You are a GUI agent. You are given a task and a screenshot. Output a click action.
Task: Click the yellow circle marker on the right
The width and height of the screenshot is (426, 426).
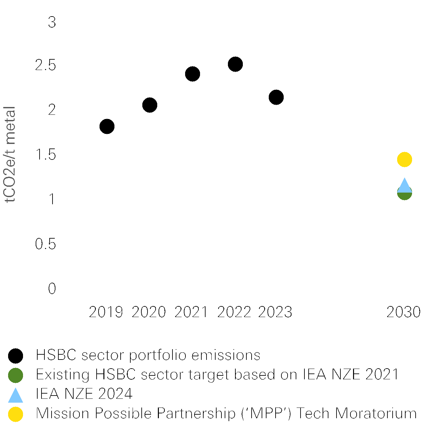click(x=405, y=160)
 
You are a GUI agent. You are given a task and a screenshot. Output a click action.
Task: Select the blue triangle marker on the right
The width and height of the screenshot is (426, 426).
click(x=405, y=186)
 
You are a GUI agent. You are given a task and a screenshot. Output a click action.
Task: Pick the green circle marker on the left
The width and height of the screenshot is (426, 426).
click(x=16, y=375)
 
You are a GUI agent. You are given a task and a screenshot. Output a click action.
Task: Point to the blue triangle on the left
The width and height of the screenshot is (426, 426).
click(x=16, y=396)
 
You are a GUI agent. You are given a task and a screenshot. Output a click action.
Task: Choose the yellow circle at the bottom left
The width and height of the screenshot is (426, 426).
click(x=16, y=414)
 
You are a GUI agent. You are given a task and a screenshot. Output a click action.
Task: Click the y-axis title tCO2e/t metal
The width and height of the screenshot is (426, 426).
click(x=10, y=154)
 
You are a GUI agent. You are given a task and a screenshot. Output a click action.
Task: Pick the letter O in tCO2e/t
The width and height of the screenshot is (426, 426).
click(x=10, y=181)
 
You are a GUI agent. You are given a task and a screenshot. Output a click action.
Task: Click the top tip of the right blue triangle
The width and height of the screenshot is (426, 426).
click(x=405, y=178)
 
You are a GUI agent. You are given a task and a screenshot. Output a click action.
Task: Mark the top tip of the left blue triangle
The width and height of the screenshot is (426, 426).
click(x=16, y=388)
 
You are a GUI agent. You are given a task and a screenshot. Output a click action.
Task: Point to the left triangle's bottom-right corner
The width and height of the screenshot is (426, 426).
click(x=23, y=402)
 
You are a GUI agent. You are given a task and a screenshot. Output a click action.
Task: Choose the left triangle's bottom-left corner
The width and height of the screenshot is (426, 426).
click(x=8, y=402)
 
